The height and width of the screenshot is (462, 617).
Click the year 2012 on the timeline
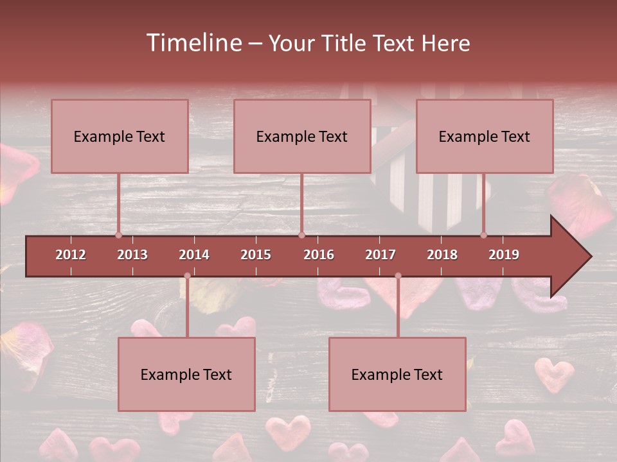click(x=71, y=255)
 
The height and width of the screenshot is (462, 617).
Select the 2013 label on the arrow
click(x=132, y=255)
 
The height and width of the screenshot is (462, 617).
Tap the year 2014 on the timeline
click(x=194, y=255)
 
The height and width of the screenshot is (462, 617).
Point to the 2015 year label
click(x=256, y=255)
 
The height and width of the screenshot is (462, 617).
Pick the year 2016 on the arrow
click(x=319, y=255)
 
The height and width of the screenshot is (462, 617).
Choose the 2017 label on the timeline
click(x=380, y=255)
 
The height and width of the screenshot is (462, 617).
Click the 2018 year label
click(x=442, y=255)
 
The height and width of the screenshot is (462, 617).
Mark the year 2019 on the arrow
click(x=504, y=255)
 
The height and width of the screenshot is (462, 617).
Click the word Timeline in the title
click(x=193, y=43)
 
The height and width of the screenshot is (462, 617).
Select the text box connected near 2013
click(x=120, y=136)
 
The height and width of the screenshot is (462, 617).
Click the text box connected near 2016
click(x=302, y=136)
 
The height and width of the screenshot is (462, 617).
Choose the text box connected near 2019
click(x=485, y=136)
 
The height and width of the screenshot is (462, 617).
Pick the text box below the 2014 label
click(x=186, y=374)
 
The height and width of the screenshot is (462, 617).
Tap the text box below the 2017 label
click(x=397, y=374)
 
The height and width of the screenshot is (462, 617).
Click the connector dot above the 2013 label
click(x=118, y=235)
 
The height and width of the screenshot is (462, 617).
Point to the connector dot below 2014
click(x=187, y=276)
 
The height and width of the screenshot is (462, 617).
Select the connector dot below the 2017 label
click(x=398, y=276)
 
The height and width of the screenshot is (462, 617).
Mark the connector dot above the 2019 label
click(x=484, y=235)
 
